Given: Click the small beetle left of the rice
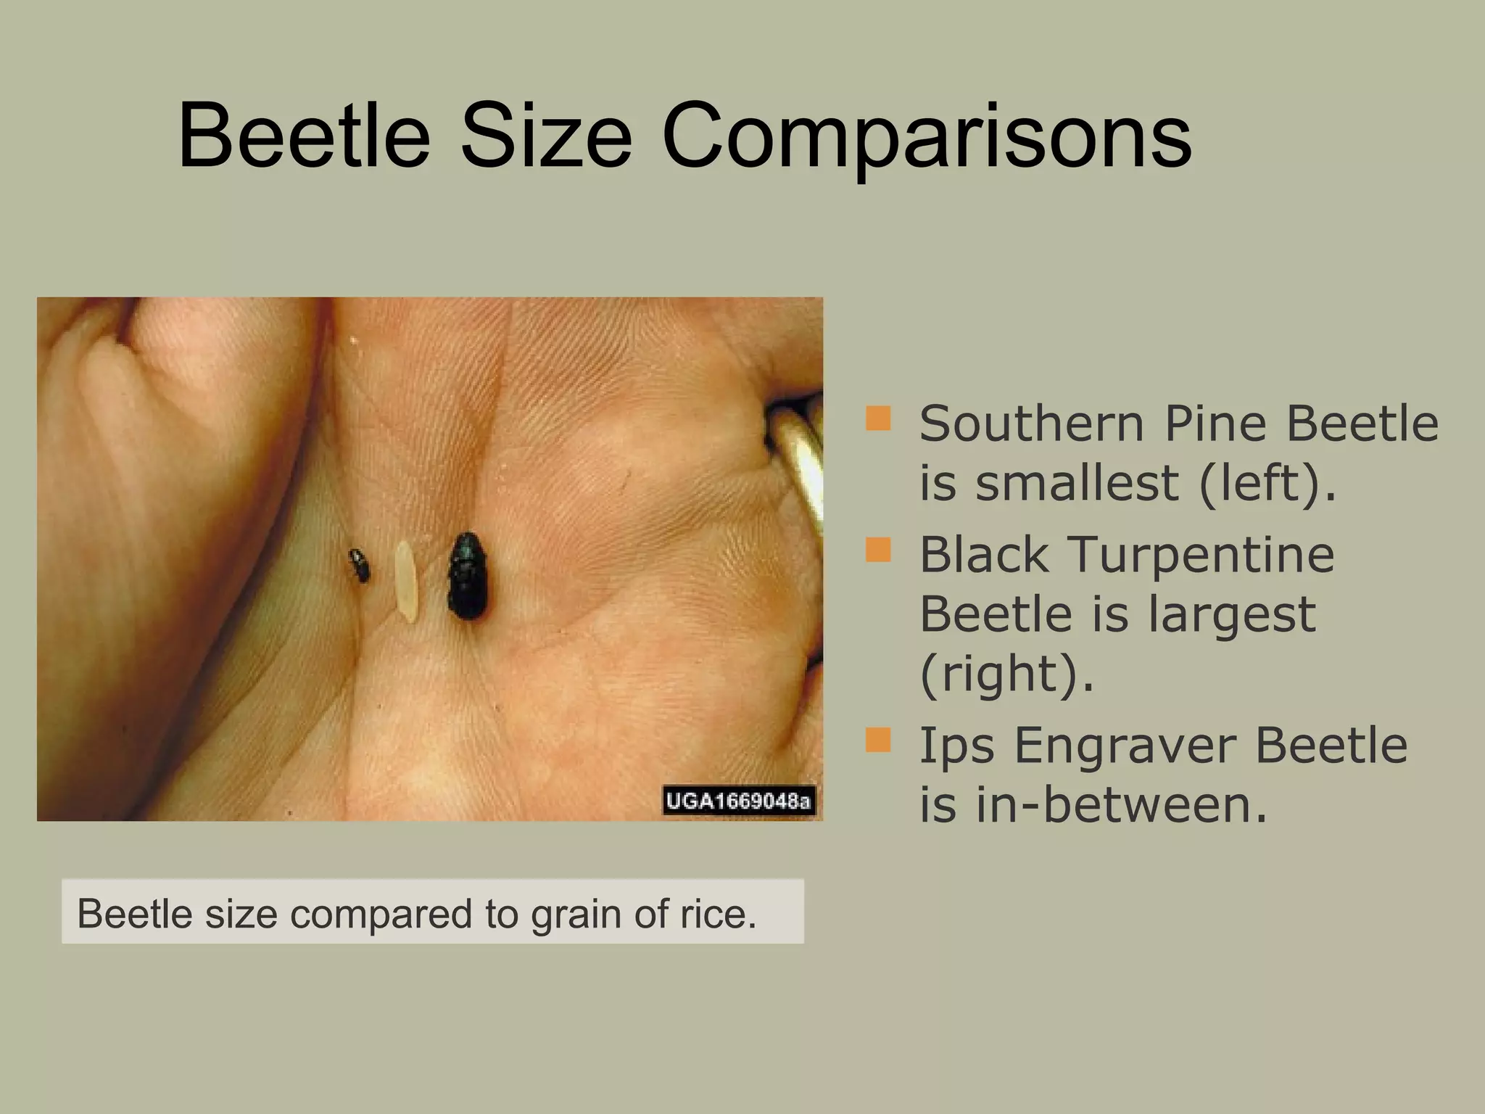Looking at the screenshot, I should [359, 566].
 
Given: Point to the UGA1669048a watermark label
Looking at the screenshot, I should [739, 801].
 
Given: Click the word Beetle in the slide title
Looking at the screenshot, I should [304, 136].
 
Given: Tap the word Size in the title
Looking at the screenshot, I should [546, 136].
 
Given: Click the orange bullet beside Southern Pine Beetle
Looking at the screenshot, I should [878, 418].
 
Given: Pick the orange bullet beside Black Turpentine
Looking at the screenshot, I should [878, 550].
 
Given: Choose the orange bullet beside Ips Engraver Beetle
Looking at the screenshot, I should [878, 740].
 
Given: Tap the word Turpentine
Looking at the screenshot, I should [1201, 556].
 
